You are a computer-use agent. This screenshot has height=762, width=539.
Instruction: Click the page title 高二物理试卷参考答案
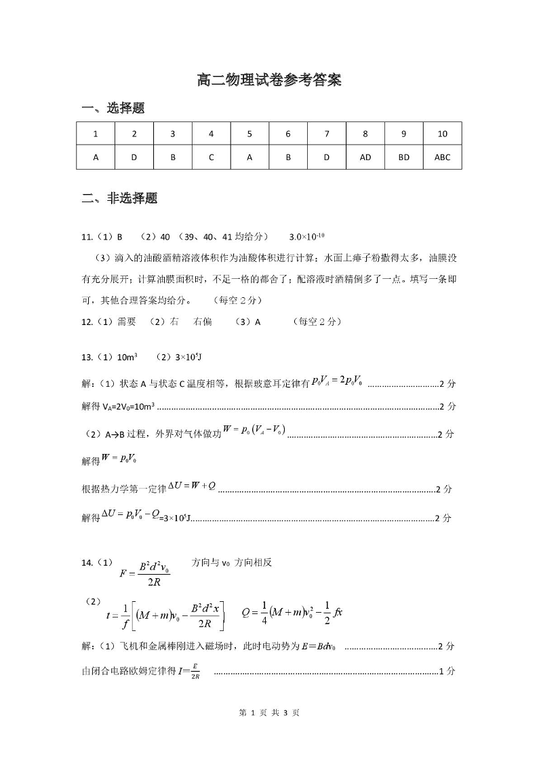pyautogui.click(x=268, y=80)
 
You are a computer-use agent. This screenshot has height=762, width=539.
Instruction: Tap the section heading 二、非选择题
pyautogui.click(x=119, y=199)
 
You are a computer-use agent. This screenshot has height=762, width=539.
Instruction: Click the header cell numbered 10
pyautogui.click(x=442, y=134)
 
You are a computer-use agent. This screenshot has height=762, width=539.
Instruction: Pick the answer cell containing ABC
pyautogui.click(x=442, y=157)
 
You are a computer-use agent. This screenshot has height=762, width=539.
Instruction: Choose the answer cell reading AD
pyautogui.click(x=365, y=157)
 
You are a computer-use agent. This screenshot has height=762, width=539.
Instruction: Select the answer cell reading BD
pyautogui.click(x=403, y=157)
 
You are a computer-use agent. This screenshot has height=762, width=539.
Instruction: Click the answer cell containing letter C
pyautogui.click(x=212, y=157)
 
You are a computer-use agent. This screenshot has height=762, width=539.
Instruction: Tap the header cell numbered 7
pyautogui.click(x=327, y=134)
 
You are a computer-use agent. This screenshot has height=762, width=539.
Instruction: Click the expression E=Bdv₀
pyautogui.click(x=319, y=647)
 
